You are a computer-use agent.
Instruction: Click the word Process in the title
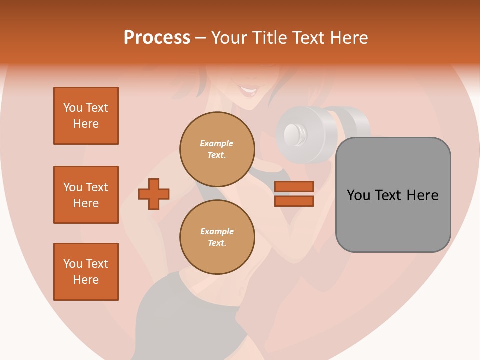[157, 38]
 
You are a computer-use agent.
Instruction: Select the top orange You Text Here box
[86, 116]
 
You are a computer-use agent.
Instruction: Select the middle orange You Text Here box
[86, 195]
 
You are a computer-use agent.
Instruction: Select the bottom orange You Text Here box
[86, 272]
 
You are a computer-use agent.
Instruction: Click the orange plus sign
[154, 194]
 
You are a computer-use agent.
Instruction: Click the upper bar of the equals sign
[294, 187]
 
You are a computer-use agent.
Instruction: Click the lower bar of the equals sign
[294, 201]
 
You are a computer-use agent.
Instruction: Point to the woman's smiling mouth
[248, 92]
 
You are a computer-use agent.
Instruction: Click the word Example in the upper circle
[217, 143]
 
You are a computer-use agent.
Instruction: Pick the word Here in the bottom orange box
[86, 280]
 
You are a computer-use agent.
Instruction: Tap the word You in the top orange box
[73, 108]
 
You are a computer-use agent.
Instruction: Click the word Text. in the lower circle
[217, 243]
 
